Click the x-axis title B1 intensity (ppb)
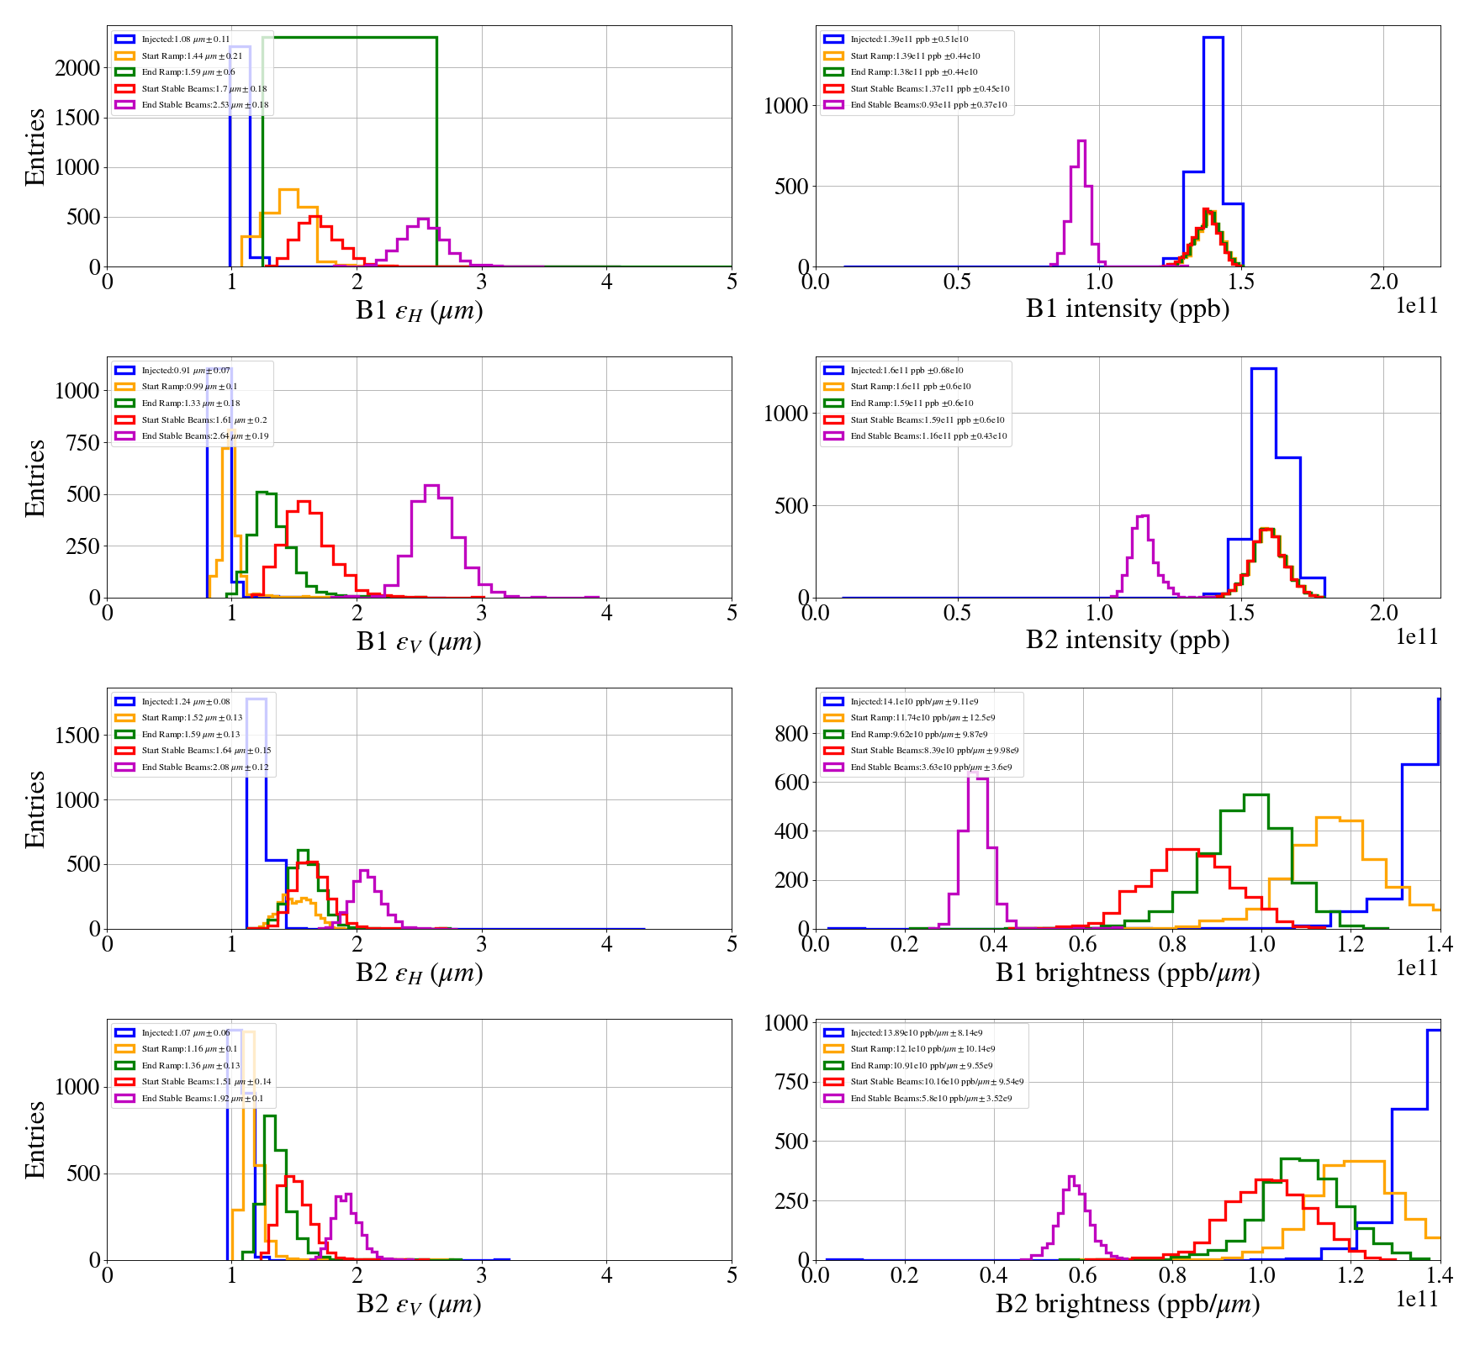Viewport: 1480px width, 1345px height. [x=1127, y=309]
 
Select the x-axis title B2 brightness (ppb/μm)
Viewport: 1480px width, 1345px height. [x=1127, y=1304]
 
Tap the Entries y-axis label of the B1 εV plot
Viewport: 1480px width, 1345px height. [x=34, y=477]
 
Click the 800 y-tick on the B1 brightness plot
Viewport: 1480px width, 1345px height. [x=791, y=733]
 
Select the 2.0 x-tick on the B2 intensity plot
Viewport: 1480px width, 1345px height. [x=1383, y=612]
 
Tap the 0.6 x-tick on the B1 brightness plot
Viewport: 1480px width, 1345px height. [x=1082, y=943]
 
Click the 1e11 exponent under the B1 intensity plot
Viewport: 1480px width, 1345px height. [x=1417, y=306]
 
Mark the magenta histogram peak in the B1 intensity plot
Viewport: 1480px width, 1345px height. [x=1081, y=141]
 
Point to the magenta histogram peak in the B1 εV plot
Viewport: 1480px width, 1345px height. [x=431, y=486]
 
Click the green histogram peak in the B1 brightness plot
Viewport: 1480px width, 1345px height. [x=1255, y=795]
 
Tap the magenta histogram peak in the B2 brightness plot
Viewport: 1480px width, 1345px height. [x=1070, y=1177]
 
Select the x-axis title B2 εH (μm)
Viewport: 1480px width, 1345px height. [x=419, y=973]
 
